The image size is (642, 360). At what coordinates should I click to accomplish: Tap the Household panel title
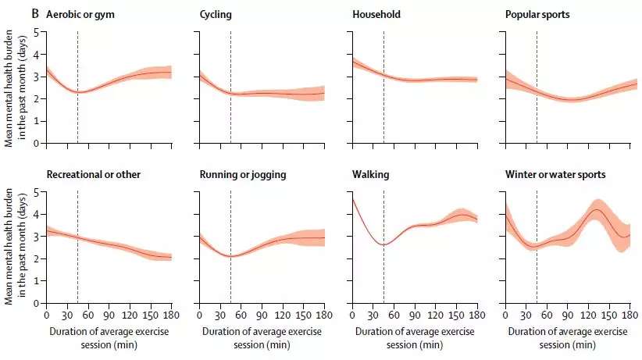pos(376,14)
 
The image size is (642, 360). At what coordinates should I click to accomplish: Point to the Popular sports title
pos(537,14)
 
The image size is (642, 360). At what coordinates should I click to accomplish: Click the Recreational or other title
pos(93,174)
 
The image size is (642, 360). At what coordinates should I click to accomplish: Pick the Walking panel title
pos(370,174)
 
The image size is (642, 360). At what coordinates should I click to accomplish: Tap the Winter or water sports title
pos(555,174)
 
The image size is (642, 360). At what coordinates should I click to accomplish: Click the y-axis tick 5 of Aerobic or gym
pos(36,32)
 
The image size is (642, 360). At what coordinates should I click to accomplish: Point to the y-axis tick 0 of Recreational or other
pos(36,303)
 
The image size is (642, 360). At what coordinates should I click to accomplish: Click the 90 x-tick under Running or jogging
pos(262,315)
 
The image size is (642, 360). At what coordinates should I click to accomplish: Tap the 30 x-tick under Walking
pos(373,315)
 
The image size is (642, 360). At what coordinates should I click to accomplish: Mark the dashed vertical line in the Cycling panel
pos(230,86)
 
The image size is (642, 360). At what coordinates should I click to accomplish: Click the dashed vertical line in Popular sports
pos(537,86)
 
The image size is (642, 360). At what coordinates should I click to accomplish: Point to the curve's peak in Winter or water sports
pos(597,210)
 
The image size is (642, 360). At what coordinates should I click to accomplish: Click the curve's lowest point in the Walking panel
pos(383,244)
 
